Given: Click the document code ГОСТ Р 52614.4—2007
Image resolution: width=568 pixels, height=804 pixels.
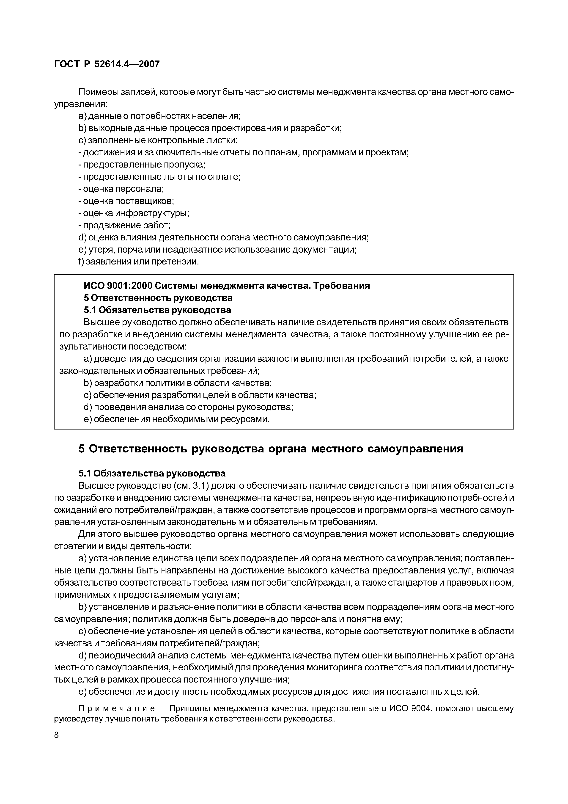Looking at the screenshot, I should click(x=107, y=64).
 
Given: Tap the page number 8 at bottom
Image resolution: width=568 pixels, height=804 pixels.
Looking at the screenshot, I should click(x=57, y=734).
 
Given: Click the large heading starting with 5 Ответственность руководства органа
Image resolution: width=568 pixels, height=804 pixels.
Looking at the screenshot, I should click(x=271, y=449).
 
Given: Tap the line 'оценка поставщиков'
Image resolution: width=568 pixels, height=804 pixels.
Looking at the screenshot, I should click(x=126, y=201).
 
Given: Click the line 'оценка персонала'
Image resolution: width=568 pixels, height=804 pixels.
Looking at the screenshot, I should click(x=121, y=189).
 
